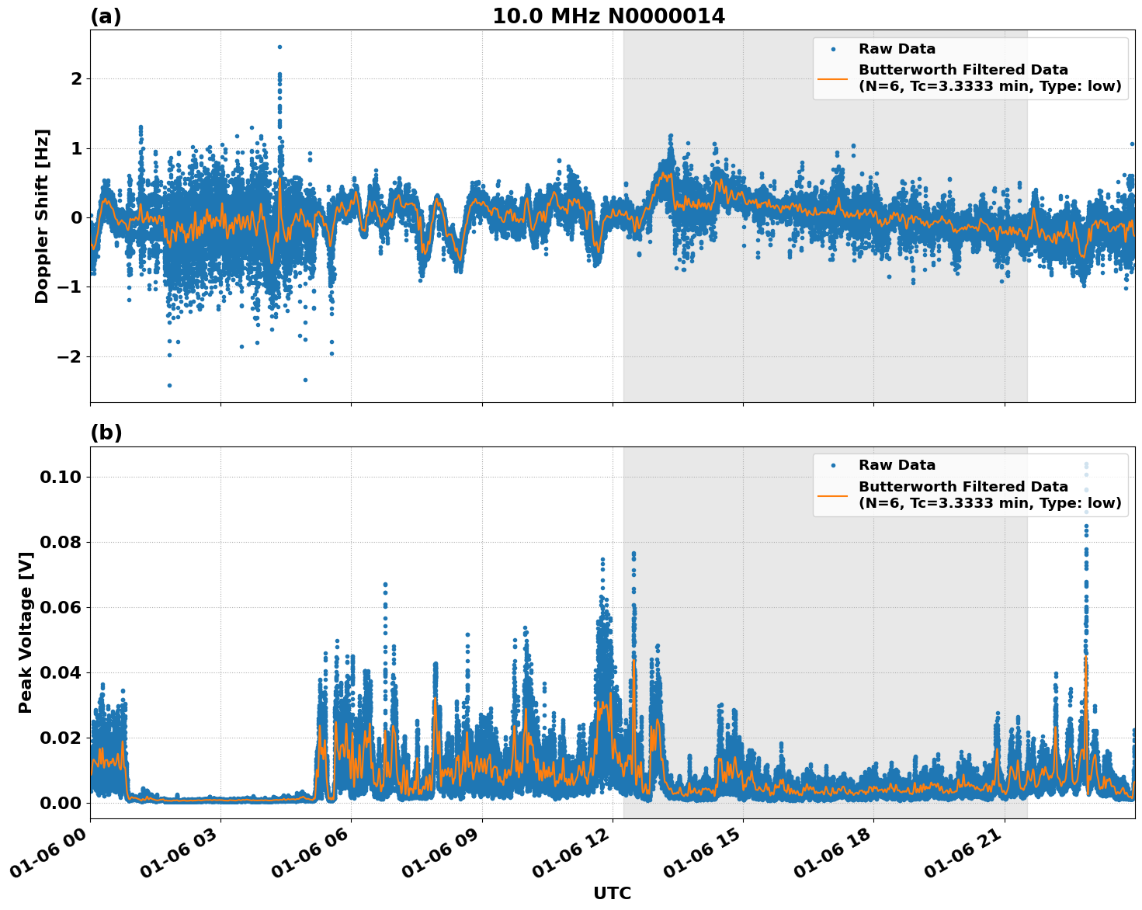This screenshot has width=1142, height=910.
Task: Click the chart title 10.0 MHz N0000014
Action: [609, 16]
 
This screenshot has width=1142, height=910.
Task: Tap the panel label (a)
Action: [106, 16]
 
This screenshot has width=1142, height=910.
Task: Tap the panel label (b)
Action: [106, 432]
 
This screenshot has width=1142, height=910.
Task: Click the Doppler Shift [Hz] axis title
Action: [42, 216]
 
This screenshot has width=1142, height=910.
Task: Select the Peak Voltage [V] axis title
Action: [26, 633]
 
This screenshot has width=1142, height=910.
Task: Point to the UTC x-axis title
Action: [612, 893]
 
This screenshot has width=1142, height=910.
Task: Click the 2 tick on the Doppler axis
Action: [77, 79]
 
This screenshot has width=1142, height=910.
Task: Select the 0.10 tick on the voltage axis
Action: [61, 477]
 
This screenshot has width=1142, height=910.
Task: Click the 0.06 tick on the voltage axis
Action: [61, 607]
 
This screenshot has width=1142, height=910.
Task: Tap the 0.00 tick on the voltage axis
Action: [61, 803]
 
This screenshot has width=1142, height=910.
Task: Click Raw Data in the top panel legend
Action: [897, 49]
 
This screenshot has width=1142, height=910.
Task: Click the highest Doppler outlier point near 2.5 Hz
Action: [279, 47]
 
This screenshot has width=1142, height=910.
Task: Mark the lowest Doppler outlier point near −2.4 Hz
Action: [169, 385]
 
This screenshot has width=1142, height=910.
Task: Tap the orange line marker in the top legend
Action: [833, 78]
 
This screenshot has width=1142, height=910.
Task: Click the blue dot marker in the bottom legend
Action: [833, 465]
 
